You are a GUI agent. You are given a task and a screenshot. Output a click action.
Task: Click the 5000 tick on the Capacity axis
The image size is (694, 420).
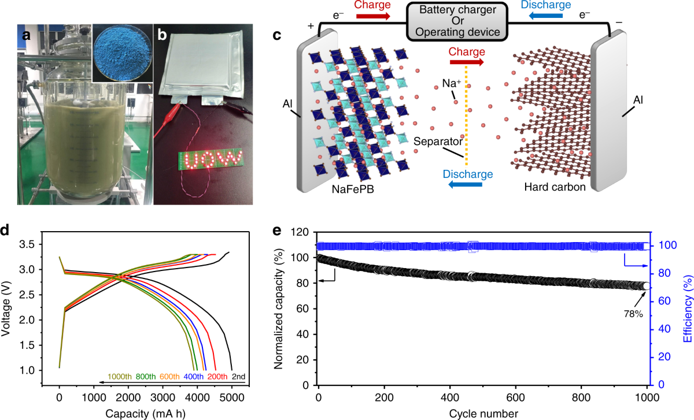(x=231, y=398)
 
